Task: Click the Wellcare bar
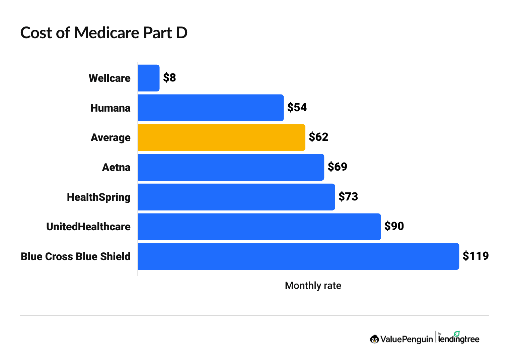coord(149,78)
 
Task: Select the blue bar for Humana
coord(211,108)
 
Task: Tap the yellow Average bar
coord(221,137)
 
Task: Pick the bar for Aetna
coord(231,167)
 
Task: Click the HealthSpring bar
coord(236,197)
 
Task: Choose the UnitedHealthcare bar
coord(259,227)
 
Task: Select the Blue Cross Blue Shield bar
coord(298,256)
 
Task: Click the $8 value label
coord(169,78)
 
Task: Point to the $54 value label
coord(297,108)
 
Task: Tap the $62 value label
coord(318,137)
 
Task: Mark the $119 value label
coord(476,256)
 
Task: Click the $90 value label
coord(394,226)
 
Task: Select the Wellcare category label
coord(110,78)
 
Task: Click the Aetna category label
coord(116,167)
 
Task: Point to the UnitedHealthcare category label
coord(88,227)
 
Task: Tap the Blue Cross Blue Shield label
coord(76,256)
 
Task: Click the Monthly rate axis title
coord(313,286)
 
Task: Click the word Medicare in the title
coord(106,33)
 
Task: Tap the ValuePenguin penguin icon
coord(374,339)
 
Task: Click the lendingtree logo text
coord(459,339)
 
